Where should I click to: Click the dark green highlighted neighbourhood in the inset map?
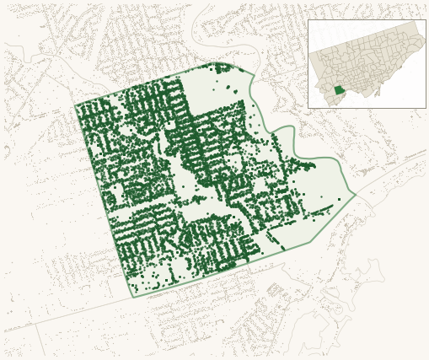(339, 90)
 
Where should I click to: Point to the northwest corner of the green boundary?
(75, 105)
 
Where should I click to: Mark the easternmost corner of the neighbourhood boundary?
(356, 196)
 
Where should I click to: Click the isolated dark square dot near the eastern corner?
(339, 199)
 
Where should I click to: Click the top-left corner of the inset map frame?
(308, 20)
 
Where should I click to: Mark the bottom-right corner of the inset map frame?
(426, 108)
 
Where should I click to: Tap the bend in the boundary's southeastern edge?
(283, 249)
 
